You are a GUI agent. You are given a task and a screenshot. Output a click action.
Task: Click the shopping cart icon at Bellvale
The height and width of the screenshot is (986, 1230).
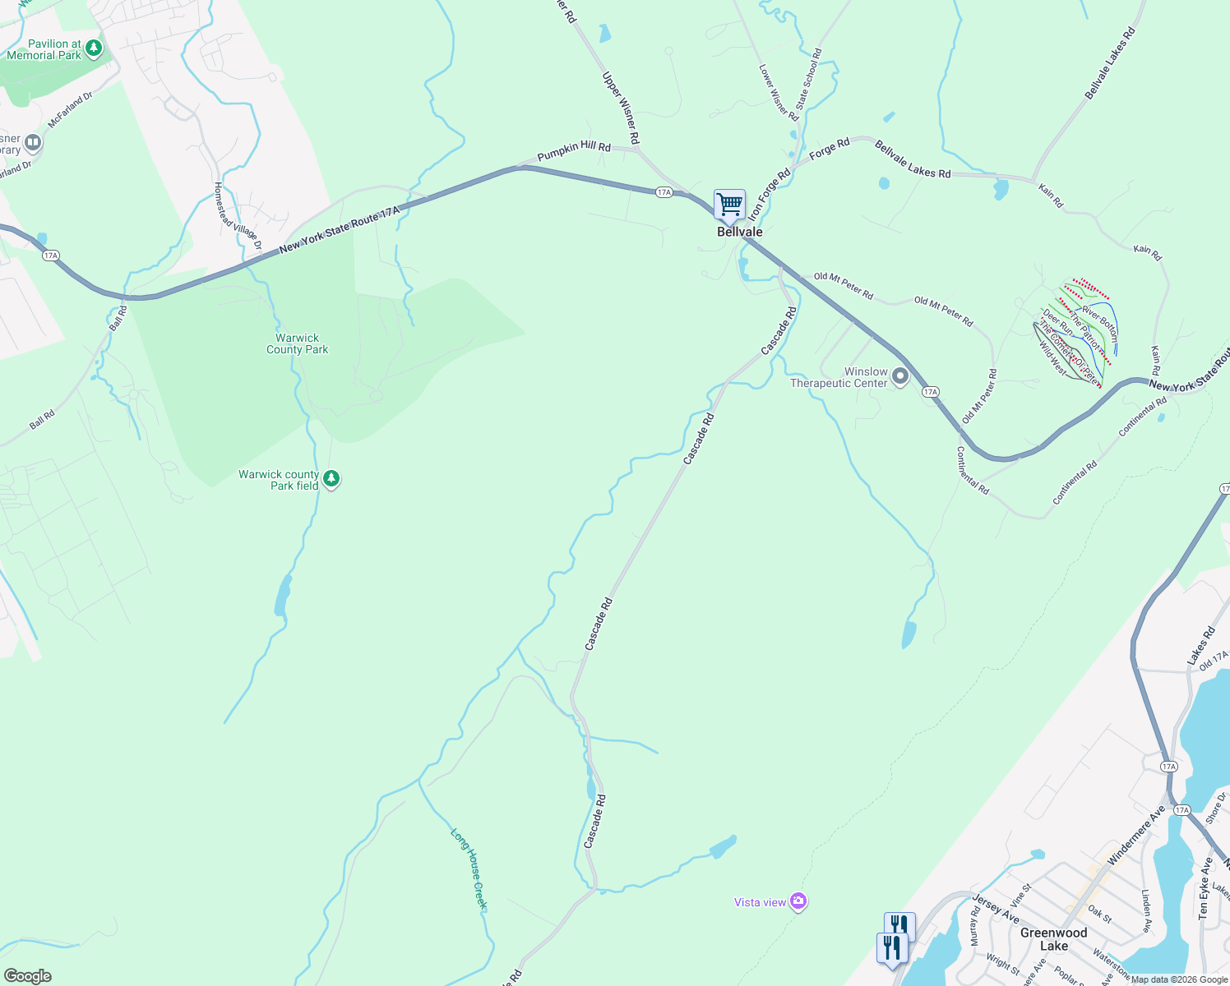coord(729,204)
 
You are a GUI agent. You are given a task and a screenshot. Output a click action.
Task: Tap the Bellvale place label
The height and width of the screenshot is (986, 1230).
coord(740,232)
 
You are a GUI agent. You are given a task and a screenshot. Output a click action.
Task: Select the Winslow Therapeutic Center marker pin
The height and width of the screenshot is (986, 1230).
coord(900,377)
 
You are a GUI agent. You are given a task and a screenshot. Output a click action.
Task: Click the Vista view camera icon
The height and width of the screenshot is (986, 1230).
coord(798,901)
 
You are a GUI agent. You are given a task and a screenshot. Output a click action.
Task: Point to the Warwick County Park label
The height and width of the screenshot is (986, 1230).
coord(297,343)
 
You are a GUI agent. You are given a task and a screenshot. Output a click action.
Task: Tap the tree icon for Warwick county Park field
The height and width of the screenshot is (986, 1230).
coord(331,478)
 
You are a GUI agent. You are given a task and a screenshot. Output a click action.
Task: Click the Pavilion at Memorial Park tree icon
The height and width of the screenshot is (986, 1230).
coord(94,48)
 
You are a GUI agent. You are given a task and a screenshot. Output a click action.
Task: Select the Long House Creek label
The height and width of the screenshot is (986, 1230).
coord(469,869)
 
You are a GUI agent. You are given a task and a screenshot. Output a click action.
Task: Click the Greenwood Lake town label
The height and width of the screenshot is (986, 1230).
coord(1053,939)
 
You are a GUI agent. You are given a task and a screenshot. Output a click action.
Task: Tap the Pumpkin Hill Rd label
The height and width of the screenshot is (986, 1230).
coord(574,151)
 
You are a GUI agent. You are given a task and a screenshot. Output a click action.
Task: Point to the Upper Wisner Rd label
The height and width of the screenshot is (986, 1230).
coord(621,108)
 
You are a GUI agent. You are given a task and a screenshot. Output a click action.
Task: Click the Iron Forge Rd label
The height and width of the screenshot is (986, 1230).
coord(769,194)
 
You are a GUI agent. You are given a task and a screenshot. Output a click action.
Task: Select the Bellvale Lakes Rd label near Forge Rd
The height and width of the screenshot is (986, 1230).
coord(913,159)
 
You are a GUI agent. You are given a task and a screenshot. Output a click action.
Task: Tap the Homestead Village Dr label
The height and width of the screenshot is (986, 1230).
coord(238,215)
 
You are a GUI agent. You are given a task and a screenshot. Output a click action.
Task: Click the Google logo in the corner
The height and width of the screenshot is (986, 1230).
coord(27,976)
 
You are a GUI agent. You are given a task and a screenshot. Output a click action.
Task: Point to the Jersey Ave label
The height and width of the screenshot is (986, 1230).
coord(996,909)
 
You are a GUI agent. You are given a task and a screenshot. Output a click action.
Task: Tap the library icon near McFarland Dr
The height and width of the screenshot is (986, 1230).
coord(33,143)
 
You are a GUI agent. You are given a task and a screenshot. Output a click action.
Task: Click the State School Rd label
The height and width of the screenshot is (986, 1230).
coord(808,79)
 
